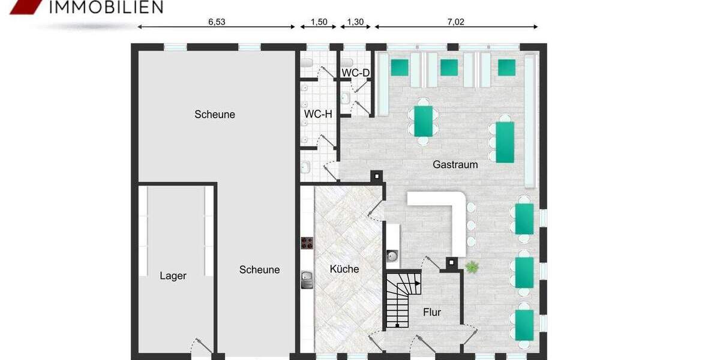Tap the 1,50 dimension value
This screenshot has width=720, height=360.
click(x=319, y=22)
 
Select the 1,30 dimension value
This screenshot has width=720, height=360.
click(x=356, y=22)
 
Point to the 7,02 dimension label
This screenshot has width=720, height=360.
click(x=456, y=22)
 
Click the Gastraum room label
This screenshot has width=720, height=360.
click(x=455, y=164)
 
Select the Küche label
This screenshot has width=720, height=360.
click(x=344, y=269)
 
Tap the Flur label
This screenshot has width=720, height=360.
click(x=432, y=312)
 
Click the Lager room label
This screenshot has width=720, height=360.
click(x=173, y=276)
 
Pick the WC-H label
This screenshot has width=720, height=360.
click(x=318, y=114)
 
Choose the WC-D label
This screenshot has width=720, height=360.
click(x=356, y=73)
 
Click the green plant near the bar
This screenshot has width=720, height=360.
click(x=473, y=268)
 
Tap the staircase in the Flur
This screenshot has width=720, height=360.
click(x=398, y=299)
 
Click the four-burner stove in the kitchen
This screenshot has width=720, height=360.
click(x=308, y=243)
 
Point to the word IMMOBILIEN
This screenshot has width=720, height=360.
click(x=105, y=7)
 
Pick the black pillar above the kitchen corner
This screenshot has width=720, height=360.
click(x=376, y=176)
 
